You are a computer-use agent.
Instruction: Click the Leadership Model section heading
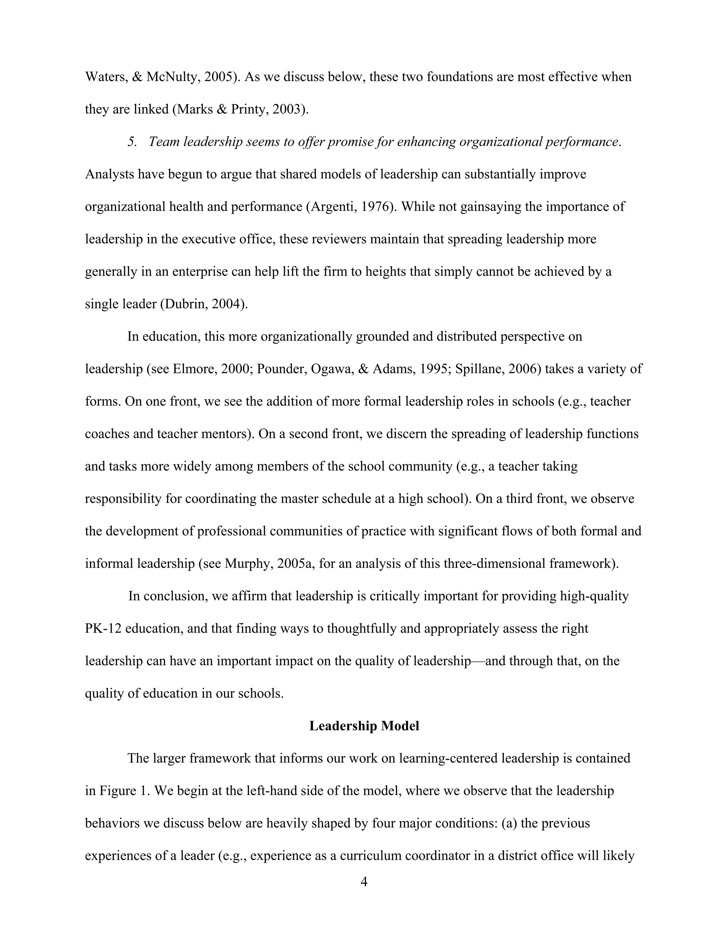coord(364,726)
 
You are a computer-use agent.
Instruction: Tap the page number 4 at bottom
coord(364,882)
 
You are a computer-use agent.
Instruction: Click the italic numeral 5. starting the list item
coord(132,142)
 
